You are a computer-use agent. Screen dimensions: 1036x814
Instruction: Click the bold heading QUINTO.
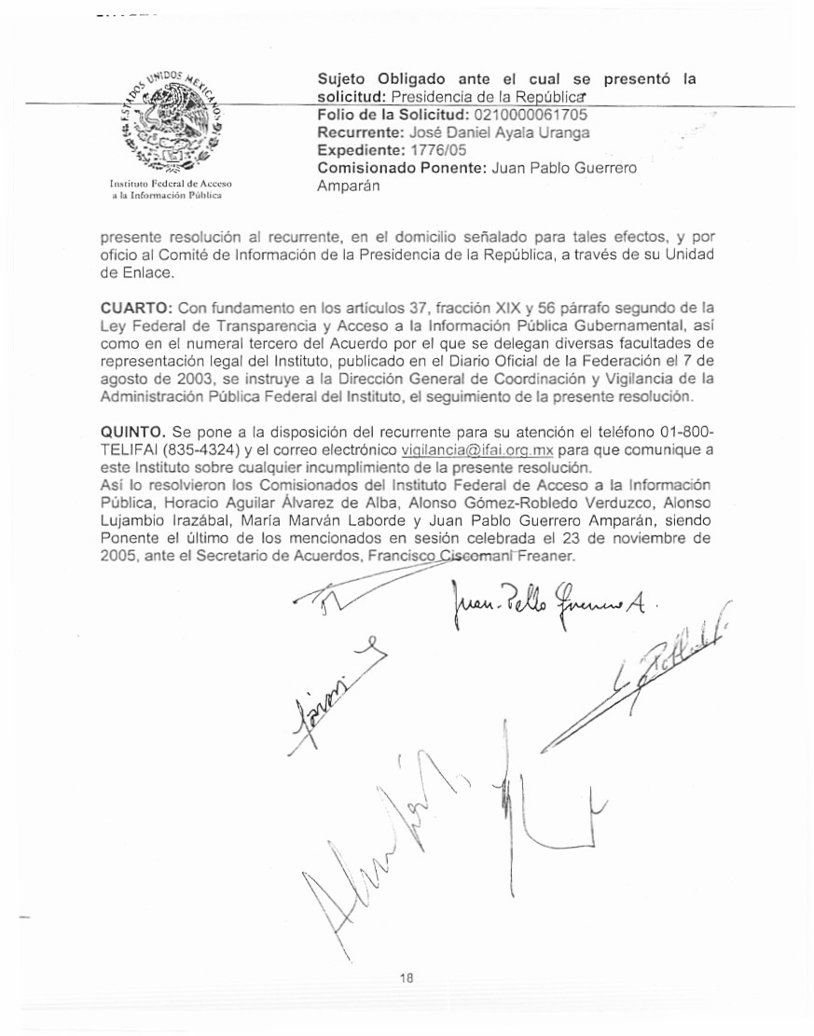[133, 432]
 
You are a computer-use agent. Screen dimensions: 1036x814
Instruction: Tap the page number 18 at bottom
[406, 977]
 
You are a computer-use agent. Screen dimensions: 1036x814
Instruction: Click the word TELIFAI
[128, 449]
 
